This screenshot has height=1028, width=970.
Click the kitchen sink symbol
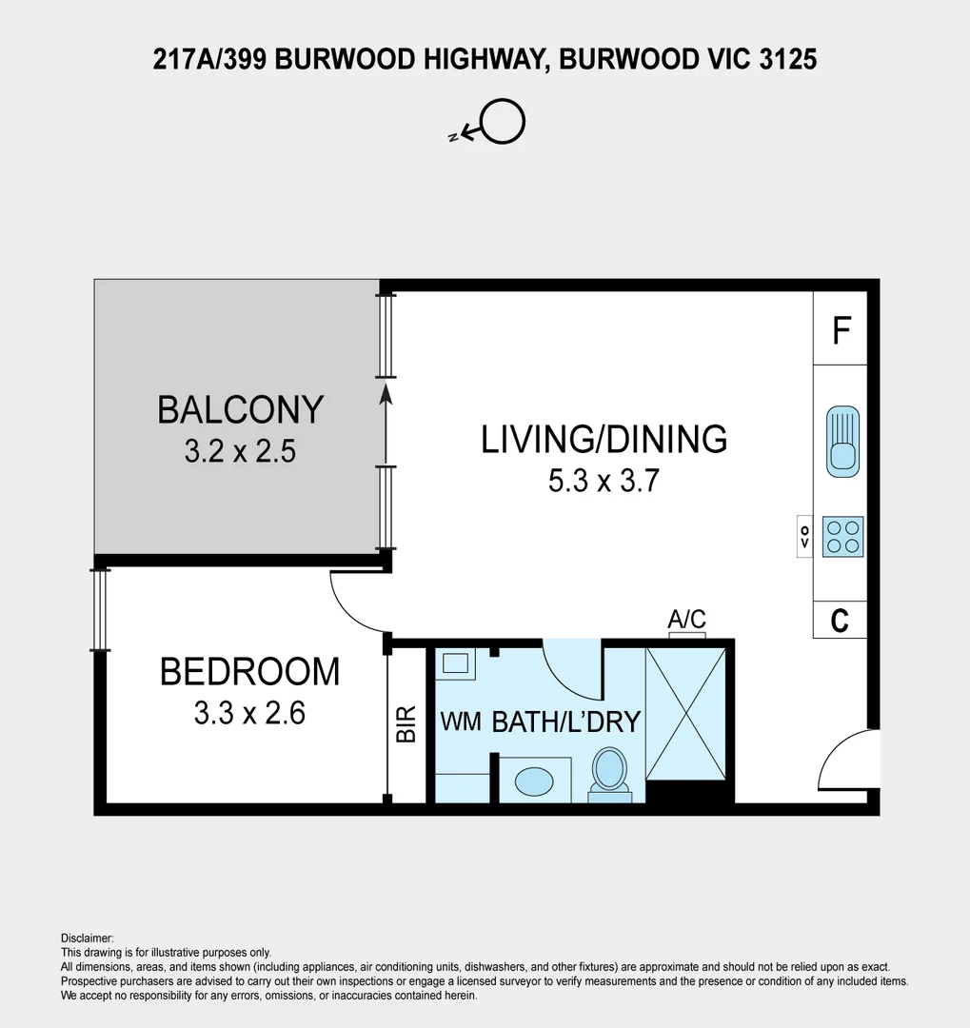(x=842, y=441)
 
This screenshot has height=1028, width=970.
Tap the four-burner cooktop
(x=842, y=536)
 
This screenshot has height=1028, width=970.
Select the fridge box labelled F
(x=841, y=330)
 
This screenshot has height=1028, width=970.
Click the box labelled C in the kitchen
(x=840, y=621)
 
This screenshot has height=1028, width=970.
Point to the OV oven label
(x=804, y=536)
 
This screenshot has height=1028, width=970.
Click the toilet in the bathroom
(x=609, y=771)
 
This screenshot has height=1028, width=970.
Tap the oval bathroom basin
(x=534, y=781)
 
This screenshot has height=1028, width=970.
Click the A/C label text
(x=686, y=621)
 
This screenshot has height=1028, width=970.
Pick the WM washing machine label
(x=460, y=721)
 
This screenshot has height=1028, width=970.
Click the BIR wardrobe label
(x=406, y=723)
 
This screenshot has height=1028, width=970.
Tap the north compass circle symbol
(x=502, y=122)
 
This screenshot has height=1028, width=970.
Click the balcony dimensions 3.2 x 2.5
(x=240, y=451)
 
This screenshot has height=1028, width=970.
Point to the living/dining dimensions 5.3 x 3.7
(x=604, y=482)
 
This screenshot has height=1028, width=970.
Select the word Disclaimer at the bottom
(x=87, y=939)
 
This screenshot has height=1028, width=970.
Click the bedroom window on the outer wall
(x=100, y=610)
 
